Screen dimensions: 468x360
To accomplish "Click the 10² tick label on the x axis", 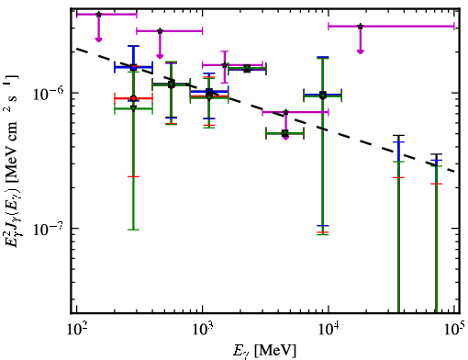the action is [77, 330].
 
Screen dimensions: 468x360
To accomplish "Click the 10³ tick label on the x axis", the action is [203, 330].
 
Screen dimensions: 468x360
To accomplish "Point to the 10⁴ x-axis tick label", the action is [329, 330].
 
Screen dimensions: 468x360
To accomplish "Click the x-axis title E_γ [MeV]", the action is [264, 351].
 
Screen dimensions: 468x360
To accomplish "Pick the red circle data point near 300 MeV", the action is [133, 98].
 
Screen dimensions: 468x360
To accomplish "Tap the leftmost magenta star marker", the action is [98, 15].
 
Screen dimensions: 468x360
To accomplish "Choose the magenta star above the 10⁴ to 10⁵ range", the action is [361, 27].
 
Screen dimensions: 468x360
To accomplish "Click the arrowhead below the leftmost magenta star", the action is [98, 39].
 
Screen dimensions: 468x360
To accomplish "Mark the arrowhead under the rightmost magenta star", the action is [361, 51].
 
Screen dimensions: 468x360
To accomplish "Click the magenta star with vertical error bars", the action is [225, 65].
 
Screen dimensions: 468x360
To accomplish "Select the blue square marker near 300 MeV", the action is [133, 67].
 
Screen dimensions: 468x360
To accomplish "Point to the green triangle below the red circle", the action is [133, 108].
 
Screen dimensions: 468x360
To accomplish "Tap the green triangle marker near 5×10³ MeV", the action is [285, 133].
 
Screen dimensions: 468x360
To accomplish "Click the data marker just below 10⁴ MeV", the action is [323, 96].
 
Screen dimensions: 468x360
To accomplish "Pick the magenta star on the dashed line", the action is [285, 112].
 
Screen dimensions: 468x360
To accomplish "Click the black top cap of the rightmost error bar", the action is [436, 154].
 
